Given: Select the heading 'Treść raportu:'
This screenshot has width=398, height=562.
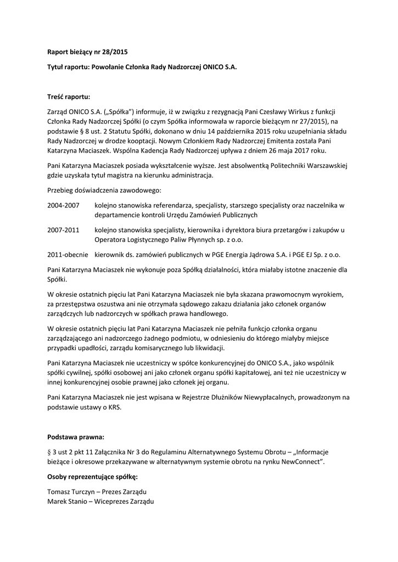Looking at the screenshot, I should click(x=69, y=96).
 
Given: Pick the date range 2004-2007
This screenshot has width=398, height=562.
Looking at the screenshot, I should click(x=64, y=205).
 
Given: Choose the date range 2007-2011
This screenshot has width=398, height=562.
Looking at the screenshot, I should click(x=64, y=230).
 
